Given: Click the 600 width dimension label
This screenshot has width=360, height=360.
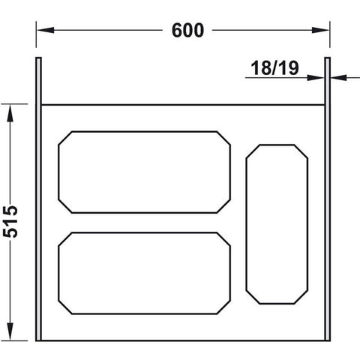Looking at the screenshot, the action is point(187,31).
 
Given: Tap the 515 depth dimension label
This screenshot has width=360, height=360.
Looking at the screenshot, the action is point(10,222).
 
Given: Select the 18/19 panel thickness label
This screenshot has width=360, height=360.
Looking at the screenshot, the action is point(274,68).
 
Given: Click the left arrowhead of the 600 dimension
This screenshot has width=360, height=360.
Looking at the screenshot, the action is point(46,30).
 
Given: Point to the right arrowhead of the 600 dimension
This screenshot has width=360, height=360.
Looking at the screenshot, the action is point(320,30).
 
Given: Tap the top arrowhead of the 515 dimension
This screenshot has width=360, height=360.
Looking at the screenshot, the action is point(10,113).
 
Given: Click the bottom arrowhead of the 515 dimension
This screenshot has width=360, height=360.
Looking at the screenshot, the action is point(10,331).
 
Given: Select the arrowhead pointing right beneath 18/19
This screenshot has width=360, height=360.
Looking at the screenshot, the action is point(316,78).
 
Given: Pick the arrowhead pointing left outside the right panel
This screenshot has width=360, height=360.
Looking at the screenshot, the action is point(338,78).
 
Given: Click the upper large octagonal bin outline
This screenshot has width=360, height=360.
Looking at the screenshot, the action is point(144,131).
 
